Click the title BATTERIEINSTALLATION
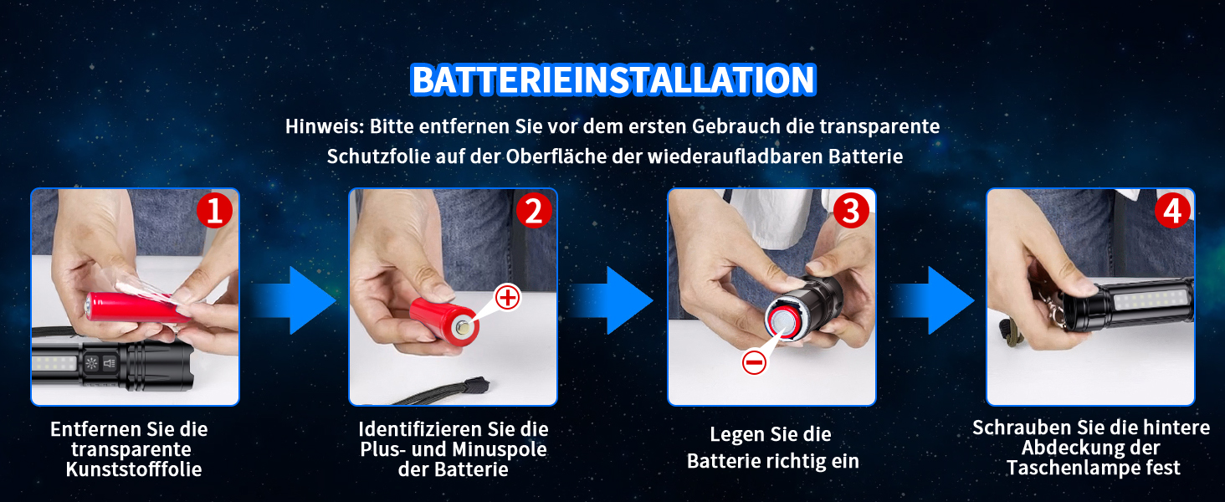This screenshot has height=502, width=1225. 613,79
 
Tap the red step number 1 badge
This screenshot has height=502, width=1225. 214,211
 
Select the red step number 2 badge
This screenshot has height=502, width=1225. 534,211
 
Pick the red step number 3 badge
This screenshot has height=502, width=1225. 851,211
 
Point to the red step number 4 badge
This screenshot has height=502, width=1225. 1172,211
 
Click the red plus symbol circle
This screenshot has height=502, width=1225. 508,298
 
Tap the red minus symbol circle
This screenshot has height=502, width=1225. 754,362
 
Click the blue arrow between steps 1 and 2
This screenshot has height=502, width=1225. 294,300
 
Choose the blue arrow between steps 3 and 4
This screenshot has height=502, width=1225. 932,300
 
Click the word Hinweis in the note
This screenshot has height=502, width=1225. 325,126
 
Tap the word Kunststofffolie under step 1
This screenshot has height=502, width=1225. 134,469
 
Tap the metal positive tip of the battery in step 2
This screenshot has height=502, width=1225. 464,329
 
